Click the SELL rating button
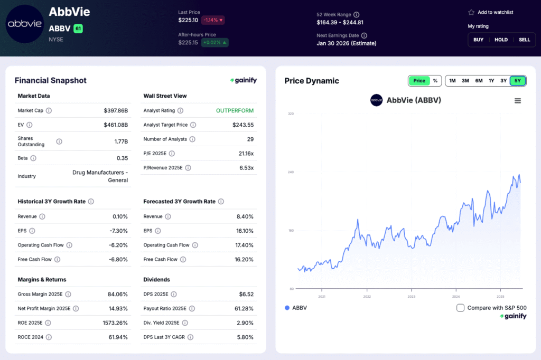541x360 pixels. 524,40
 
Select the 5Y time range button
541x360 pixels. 518,81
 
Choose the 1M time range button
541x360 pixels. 452,81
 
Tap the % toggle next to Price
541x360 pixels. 435,81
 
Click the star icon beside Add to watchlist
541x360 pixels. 471,12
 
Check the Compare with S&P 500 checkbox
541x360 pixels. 461,308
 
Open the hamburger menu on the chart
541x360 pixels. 518,101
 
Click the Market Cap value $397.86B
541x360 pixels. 116,111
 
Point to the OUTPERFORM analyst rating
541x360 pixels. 235,111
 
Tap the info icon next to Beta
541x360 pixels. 33,158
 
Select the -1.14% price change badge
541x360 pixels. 213,20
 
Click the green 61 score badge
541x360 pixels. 78,29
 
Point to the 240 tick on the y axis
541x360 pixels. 291,172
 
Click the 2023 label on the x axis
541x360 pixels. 412,296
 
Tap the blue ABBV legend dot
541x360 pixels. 287,308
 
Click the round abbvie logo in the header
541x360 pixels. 24,24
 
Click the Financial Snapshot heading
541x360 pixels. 50,81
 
